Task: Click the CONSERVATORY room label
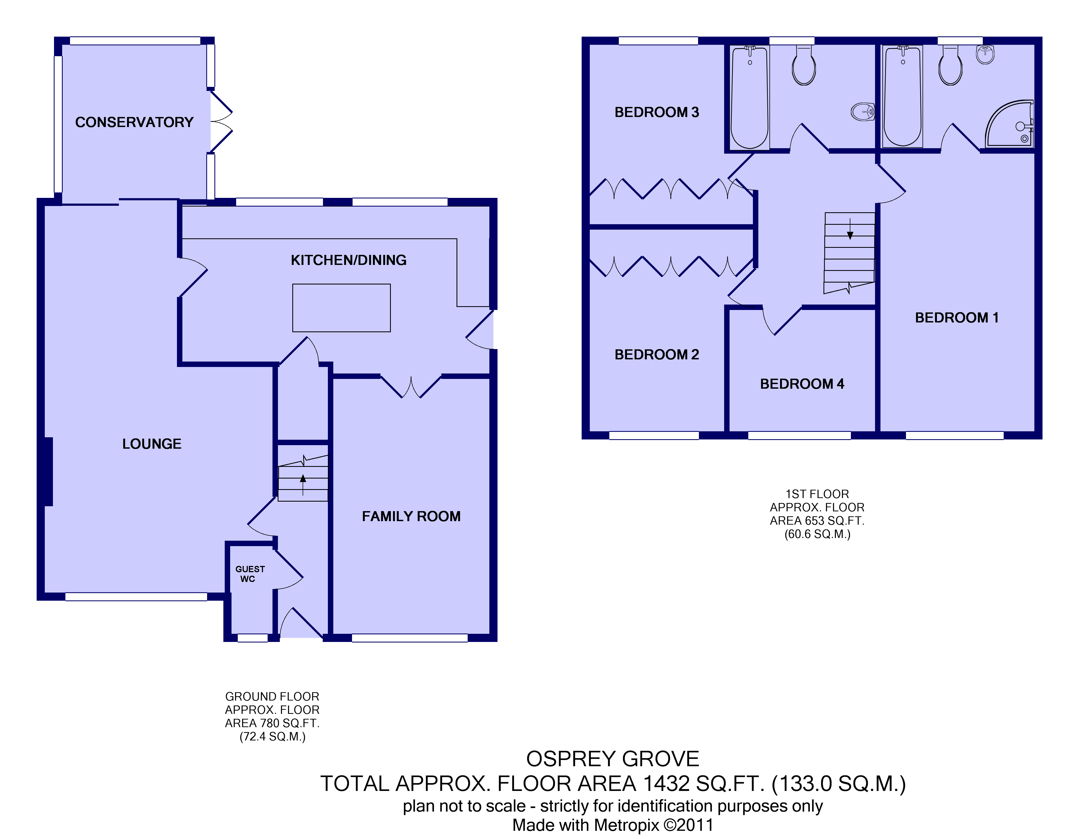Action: click(134, 122)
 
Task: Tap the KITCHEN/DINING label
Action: click(348, 260)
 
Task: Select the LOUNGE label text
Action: click(152, 444)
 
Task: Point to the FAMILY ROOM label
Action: click(411, 516)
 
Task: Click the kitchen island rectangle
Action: click(341, 308)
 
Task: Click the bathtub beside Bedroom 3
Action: click(750, 97)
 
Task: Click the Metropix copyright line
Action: click(613, 825)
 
